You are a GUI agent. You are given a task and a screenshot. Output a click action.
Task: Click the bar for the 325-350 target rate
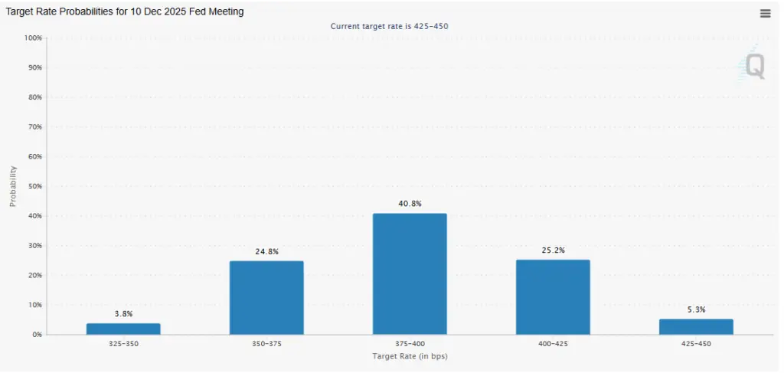click(x=123, y=329)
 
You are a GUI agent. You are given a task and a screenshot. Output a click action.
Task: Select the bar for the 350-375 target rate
click(x=266, y=297)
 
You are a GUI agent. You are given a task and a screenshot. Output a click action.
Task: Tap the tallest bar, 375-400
click(x=410, y=273)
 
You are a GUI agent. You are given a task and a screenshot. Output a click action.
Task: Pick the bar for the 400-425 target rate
click(x=553, y=296)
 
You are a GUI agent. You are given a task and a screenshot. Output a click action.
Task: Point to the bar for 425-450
click(x=696, y=326)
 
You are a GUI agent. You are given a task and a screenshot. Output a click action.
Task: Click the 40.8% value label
click(x=410, y=204)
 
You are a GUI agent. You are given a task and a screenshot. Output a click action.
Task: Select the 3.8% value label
click(x=123, y=314)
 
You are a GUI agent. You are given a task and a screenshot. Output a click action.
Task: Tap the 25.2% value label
click(x=553, y=250)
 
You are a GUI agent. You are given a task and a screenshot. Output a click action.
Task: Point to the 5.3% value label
click(x=696, y=309)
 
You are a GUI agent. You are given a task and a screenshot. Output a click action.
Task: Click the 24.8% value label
click(x=266, y=251)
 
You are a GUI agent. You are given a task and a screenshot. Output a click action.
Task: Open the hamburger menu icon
click(x=765, y=13)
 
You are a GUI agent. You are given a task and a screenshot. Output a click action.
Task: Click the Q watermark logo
click(x=754, y=67)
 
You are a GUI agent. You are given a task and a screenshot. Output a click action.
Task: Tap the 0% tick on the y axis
click(x=36, y=335)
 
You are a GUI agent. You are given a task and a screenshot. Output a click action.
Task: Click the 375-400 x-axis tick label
click(x=410, y=344)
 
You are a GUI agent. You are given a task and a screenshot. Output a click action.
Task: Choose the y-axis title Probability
click(x=12, y=186)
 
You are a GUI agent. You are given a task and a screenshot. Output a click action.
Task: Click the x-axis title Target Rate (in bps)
click(x=410, y=356)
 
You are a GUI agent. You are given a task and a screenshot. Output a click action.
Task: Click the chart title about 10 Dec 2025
click(x=124, y=12)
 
